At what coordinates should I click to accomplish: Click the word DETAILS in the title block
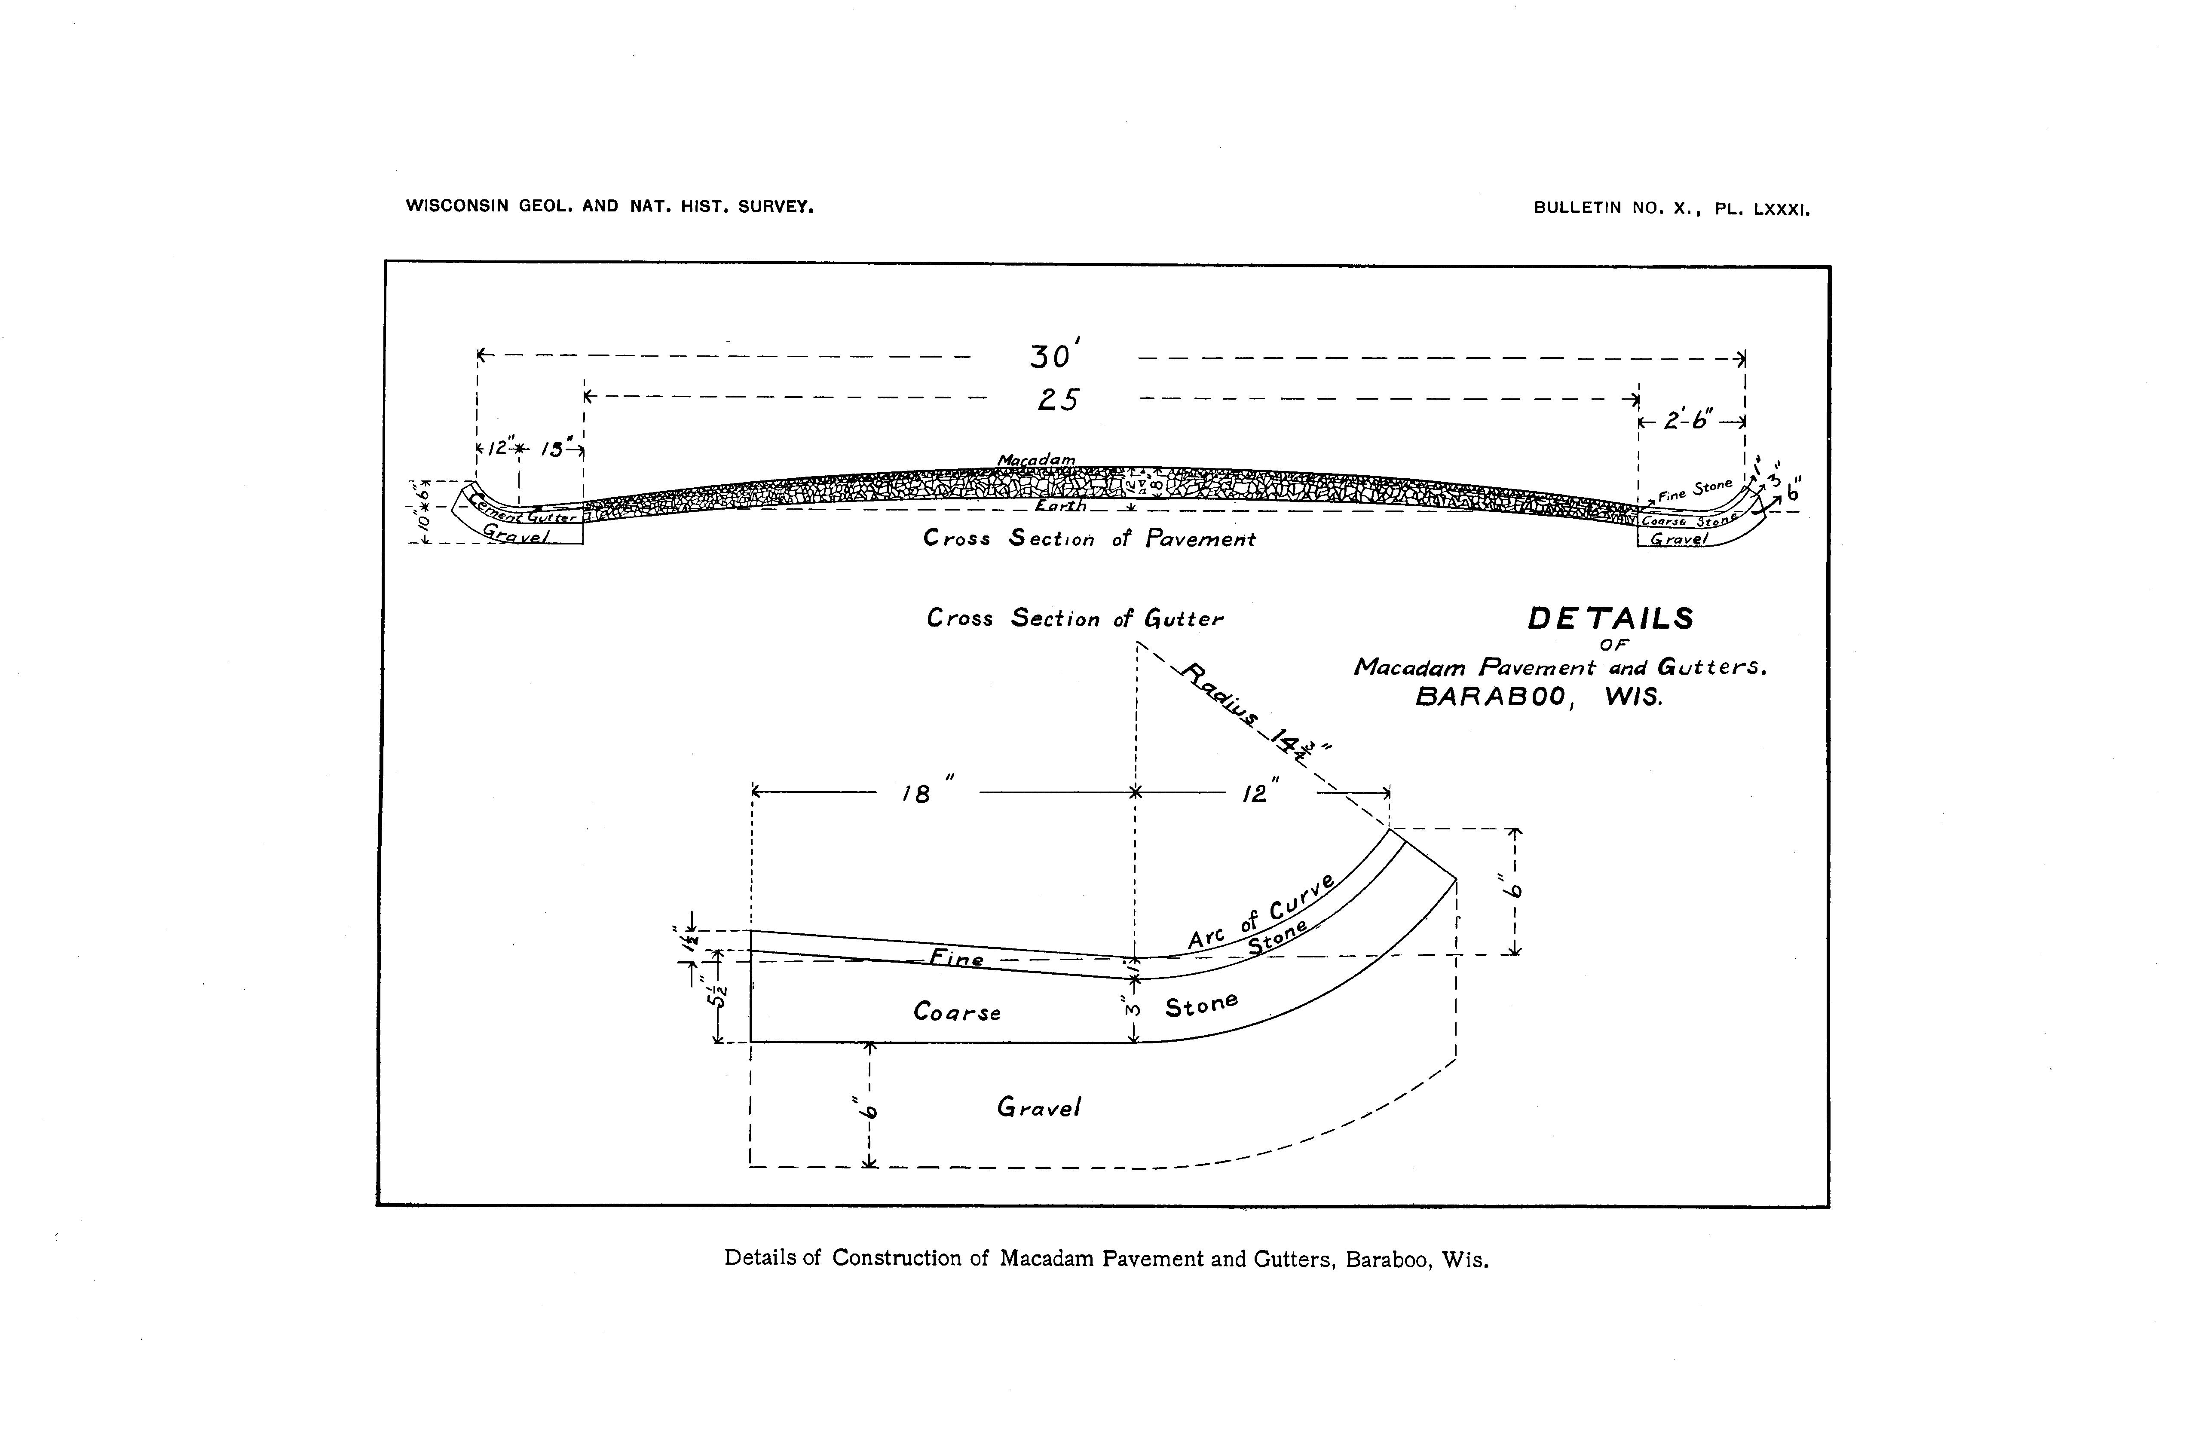(1610, 619)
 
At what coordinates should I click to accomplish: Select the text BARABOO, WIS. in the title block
(1539, 698)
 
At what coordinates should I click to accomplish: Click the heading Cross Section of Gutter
(1075, 619)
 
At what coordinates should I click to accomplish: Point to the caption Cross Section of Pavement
(1089, 538)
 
